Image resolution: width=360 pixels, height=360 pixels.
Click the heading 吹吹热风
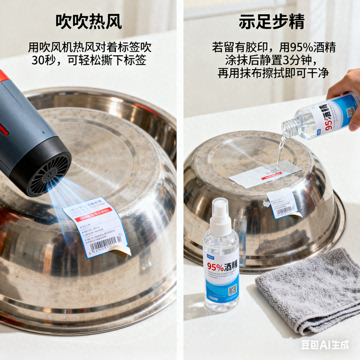[x=89, y=22]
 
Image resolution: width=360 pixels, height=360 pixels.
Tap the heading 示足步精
[x=272, y=22]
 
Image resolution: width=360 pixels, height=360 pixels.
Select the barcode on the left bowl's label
[x=105, y=244]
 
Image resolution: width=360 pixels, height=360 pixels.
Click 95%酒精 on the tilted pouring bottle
[x=326, y=115]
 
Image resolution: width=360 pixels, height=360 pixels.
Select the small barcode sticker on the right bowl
[x=282, y=204]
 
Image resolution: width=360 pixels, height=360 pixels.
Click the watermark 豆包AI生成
[x=325, y=344]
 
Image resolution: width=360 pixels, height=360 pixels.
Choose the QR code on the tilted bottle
[x=350, y=110]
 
